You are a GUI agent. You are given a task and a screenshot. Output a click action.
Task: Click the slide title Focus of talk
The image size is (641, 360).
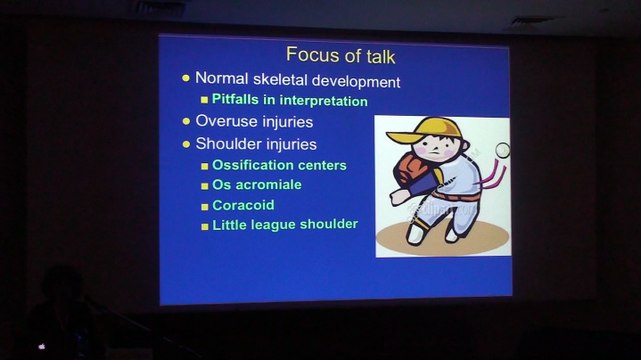(x=341, y=55)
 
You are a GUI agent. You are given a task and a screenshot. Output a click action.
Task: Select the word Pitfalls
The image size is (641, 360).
(x=235, y=99)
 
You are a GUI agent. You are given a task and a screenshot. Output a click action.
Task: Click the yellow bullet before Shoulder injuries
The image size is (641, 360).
(x=186, y=144)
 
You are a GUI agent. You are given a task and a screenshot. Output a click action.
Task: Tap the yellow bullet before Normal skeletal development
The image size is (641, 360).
(x=186, y=78)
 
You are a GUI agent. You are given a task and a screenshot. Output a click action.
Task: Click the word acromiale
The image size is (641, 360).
(x=269, y=184)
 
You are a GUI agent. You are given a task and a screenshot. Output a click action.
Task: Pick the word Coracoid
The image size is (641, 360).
(x=243, y=205)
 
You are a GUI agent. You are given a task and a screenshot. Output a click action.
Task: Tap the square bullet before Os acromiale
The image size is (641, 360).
(x=204, y=186)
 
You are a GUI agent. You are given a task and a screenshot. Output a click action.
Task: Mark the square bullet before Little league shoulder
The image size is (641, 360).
(x=205, y=226)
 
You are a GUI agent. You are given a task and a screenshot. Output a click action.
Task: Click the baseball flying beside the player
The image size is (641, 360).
(x=502, y=150)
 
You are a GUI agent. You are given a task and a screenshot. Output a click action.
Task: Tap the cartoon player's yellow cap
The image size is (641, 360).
(x=426, y=130)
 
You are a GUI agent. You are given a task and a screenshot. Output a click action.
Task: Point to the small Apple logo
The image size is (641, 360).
(x=42, y=347)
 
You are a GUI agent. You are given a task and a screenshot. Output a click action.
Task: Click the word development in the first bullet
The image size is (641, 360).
(x=356, y=81)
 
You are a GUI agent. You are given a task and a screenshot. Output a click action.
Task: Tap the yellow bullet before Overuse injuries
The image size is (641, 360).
(x=186, y=121)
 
